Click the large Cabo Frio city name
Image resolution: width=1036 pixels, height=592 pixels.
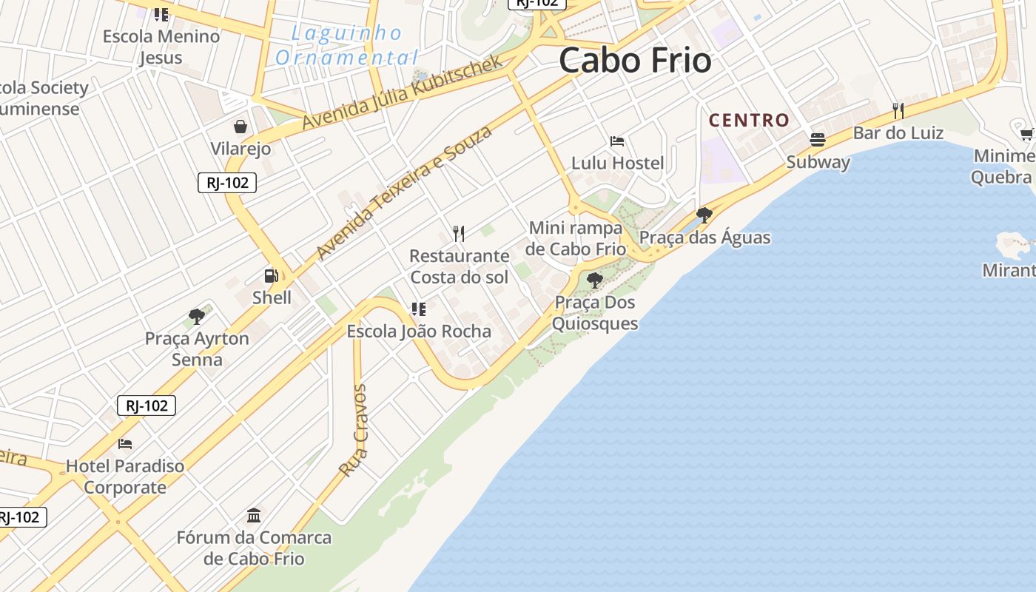[x=635, y=60]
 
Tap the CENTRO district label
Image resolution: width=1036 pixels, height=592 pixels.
[x=749, y=120]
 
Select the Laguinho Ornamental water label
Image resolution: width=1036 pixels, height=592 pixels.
[x=346, y=45]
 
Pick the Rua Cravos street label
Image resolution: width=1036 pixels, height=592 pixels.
[x=353, y=430]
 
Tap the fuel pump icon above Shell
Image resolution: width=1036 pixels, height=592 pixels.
[x=272, y=276]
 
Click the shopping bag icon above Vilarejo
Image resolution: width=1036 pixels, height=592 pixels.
[x=240, y=127]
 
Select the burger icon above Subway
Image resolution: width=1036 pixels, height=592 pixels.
[x=818, y=140]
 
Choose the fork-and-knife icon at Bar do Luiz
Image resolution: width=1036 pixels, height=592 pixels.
[x=898, y=111]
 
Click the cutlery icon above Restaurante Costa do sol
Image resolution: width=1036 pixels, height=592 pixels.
[x=459, y=234]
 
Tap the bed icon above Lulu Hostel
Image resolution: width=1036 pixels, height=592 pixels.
[x=617, y=141]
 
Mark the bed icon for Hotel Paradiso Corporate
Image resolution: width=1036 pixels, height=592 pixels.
[x=125, y=444]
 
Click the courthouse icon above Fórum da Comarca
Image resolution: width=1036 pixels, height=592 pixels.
[x=254, y=515]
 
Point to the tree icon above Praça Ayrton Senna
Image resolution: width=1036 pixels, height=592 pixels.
[x=197, y=317]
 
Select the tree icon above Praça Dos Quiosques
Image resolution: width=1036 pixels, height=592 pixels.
[x=594, y=280]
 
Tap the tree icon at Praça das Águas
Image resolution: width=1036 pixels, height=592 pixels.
[x=704, y=215]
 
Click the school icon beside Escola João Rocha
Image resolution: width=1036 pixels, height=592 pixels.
[x=419, y=309]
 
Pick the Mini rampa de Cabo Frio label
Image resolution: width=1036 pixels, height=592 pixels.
[x=576, y=238]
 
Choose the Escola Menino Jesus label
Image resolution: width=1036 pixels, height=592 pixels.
[x=161, y=46]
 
